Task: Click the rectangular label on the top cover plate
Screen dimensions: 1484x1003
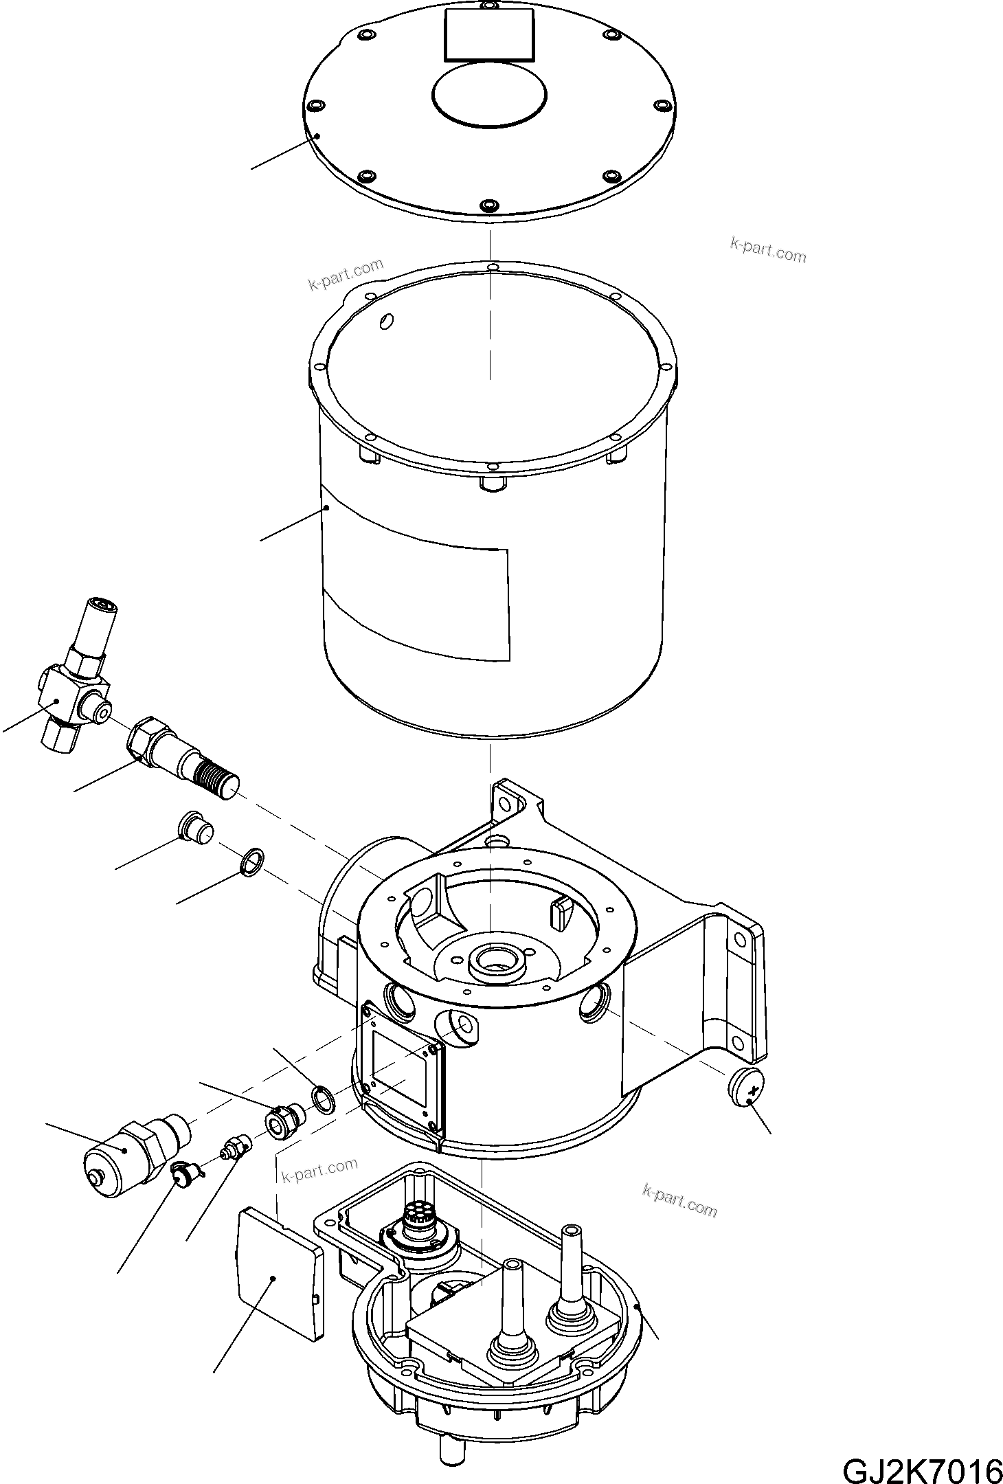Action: coord(490,34)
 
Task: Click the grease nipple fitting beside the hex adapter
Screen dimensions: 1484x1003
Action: coord(234,1145)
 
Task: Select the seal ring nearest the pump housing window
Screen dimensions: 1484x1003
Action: coord(324,1098)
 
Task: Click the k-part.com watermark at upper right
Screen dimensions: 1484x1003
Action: coord(767,250)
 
